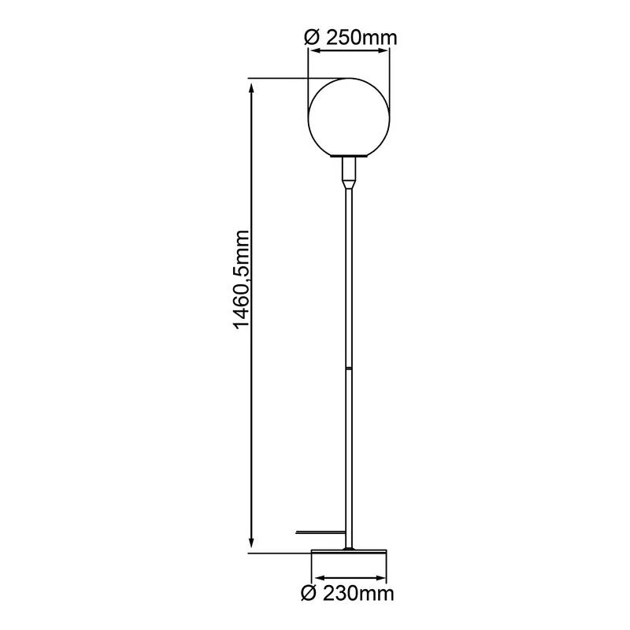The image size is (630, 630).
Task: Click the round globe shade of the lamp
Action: [349, 117]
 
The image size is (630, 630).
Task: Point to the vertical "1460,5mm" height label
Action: [241, 280]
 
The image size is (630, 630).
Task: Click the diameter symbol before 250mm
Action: [310, 36]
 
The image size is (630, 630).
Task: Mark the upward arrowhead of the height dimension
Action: [251, 84]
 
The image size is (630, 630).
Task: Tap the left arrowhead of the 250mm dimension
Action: [313, 51]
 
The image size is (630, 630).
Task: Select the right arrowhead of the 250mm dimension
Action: [385, 51]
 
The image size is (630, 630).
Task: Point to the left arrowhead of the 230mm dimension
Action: [315, 578]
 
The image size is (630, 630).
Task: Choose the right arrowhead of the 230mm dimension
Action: [383, 578]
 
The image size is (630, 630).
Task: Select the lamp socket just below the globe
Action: [349, 169]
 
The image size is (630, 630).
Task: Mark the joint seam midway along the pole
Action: [348, 368]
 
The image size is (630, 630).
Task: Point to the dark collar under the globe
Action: [349, 157]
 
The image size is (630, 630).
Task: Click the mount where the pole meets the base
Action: [349, 546]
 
